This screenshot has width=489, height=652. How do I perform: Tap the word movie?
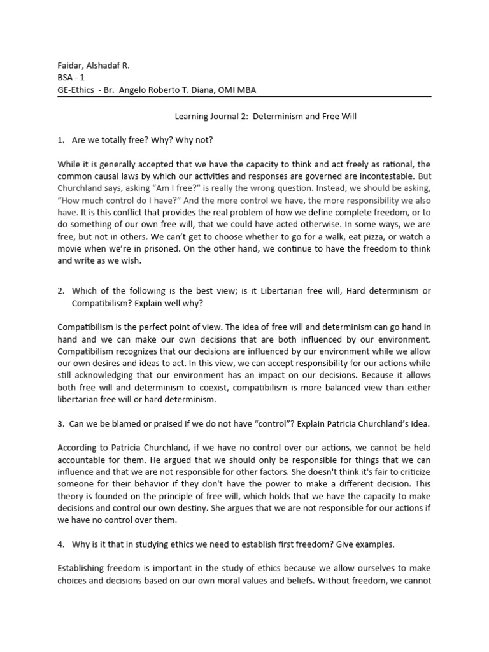pos(74,249)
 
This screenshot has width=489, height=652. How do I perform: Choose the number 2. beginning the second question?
pos(61,291)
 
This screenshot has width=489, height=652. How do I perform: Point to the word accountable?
pos(84,460)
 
